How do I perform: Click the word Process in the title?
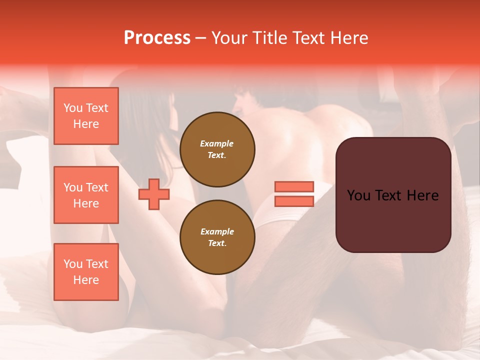coord(157,38)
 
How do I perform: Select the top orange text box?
coord(86,116)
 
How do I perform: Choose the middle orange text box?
coord(86,195)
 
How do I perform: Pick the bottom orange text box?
coord(86,272)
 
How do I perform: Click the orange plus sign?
coord(154,194)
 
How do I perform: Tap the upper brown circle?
coord(217,149)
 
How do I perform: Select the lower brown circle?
coord(217,237)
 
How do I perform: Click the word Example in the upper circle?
coord(217,143)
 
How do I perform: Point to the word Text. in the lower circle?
coord(217,243)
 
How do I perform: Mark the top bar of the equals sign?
coord(294,186)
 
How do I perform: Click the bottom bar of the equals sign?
coord(294,201)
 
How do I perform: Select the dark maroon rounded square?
coord(393,195)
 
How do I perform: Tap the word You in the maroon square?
coord(359,195)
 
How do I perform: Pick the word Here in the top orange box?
coord(86,124)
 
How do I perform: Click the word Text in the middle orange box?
coord(97,187)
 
